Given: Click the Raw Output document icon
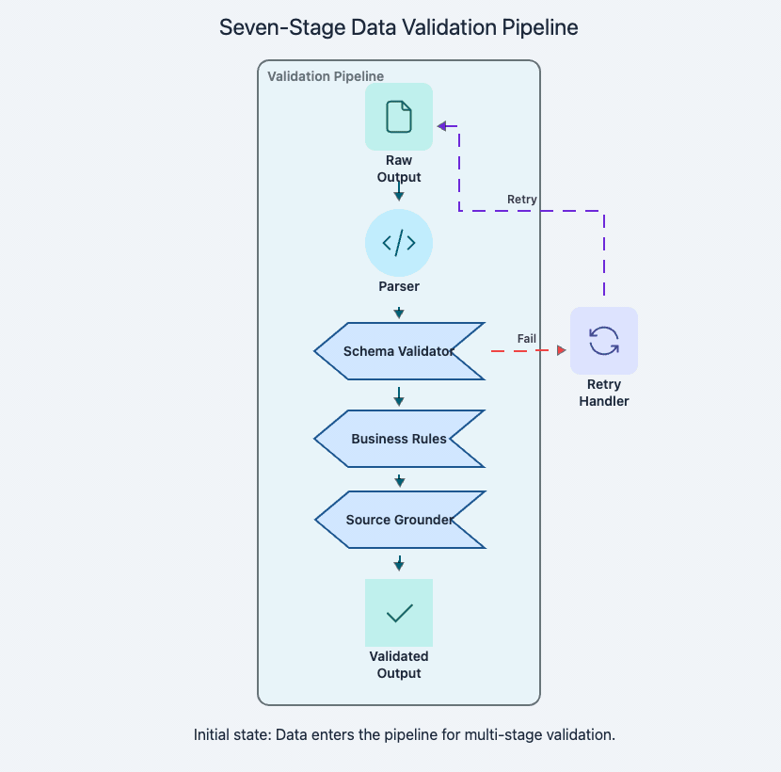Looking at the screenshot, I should point(399,117).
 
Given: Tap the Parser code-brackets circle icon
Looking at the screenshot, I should point(399,243).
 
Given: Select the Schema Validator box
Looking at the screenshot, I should point(399,351).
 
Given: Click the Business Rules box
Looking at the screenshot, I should point(399,439).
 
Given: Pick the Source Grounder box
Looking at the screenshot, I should point(399,520).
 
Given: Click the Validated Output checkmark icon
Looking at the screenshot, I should point(399,613).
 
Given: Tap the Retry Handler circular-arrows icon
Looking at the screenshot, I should point(604,341).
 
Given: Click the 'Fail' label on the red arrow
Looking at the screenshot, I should point(527,338).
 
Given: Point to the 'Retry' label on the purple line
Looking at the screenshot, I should point(522,199).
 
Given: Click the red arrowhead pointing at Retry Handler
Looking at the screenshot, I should point(562,350).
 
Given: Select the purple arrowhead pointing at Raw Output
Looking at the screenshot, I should point(440,125).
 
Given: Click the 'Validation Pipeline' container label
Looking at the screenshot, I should point(326,76).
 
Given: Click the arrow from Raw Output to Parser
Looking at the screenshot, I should point(399,192).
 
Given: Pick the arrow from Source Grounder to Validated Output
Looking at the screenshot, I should point(399,563).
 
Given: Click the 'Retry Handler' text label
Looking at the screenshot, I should point(604,393).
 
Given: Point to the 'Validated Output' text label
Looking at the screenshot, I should point(399,665).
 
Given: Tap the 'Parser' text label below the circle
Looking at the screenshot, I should point(399,286).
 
